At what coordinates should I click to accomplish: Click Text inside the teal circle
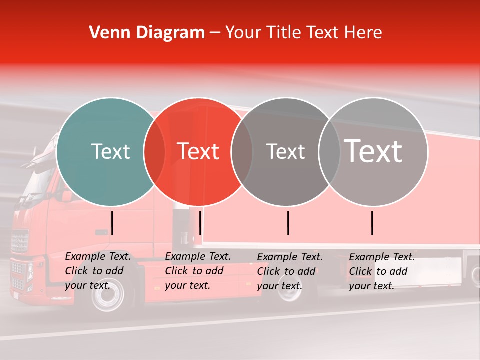(x=110, y=151)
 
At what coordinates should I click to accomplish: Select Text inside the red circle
(x=198, y=151)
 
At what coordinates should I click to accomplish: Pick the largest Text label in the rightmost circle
(x=373, y=151)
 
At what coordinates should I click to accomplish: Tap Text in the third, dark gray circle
(x=285, y=151)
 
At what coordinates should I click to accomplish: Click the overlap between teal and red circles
(x=154, y=152)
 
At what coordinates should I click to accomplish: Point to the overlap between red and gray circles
(x=242, y=152)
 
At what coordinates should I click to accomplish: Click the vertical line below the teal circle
(x=112, y=223)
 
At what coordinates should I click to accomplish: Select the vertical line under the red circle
(x=200, y=223)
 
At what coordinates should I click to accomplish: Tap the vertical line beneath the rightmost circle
(x=372, y=223)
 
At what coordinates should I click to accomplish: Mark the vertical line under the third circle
(x=288, y=223)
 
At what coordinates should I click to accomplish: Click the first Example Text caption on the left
(x=97, y=271)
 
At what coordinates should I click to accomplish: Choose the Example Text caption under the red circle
(x=197, y=271)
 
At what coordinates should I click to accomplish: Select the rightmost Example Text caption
(x=381, y=271)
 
